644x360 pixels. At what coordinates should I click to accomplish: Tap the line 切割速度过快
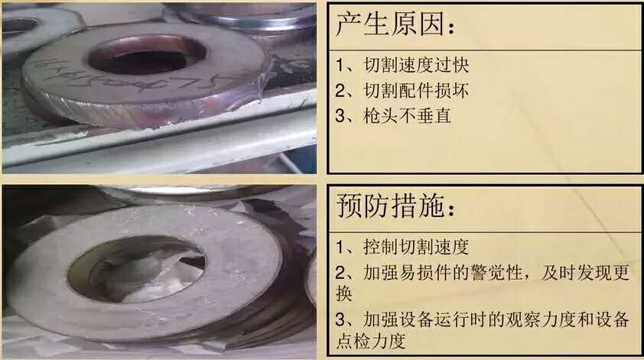coord(417,66)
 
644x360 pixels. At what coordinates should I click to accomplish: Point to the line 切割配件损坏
coord(417,91)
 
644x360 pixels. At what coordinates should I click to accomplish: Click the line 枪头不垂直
coord(408,115)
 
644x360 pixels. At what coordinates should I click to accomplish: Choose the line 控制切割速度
coord(417,247)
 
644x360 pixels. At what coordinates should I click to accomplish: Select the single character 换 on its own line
coord(344,294)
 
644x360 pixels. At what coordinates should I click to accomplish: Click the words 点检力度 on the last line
coord(371,341)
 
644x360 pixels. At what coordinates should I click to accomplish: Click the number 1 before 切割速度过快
coord(340,66)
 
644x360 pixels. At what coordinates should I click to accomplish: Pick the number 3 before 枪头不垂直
coord(340,115)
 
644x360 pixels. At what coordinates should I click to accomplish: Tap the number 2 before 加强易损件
coord(340,272)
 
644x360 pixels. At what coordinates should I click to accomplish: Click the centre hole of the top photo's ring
coord(147,57)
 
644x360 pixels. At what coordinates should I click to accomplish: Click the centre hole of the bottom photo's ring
coord(135,269)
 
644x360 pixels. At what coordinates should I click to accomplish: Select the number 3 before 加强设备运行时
coord(340,319)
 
